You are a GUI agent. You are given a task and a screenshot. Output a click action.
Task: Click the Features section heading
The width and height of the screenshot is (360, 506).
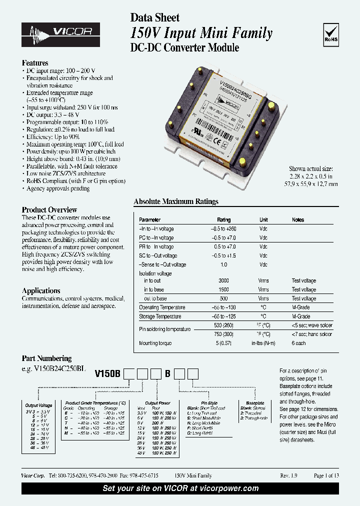[x=35, y=63]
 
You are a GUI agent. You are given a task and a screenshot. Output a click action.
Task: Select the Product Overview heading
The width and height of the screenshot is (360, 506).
[x=49, y=210]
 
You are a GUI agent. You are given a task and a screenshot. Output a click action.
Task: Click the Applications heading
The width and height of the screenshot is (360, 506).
[x=41, y=290]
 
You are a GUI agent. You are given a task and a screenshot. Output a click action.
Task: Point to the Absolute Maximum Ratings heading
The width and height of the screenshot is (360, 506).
[x=176, y=201]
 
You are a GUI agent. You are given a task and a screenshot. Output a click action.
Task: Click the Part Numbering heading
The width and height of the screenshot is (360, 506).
[x=46, y=358]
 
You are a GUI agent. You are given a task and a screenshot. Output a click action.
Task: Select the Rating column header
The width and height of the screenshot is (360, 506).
[x=223, y=220]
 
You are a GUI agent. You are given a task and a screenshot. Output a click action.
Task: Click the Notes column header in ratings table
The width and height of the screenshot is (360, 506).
[x=298, y=220]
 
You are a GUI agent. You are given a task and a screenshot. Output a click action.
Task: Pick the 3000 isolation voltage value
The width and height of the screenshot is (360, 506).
[x=223, y=281]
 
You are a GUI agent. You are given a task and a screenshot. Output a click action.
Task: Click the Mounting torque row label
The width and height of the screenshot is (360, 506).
[x=155, y=343]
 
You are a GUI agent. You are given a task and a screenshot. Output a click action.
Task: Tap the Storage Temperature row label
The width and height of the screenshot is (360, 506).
[x=162, y=316]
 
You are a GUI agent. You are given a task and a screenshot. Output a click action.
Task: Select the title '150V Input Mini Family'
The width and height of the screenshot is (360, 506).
[x=201, y=33]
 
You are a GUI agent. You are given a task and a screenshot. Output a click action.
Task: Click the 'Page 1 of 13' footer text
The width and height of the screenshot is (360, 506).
[x=326, y=475]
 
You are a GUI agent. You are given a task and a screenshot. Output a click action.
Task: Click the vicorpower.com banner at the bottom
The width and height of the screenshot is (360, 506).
[x=180, y=488]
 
